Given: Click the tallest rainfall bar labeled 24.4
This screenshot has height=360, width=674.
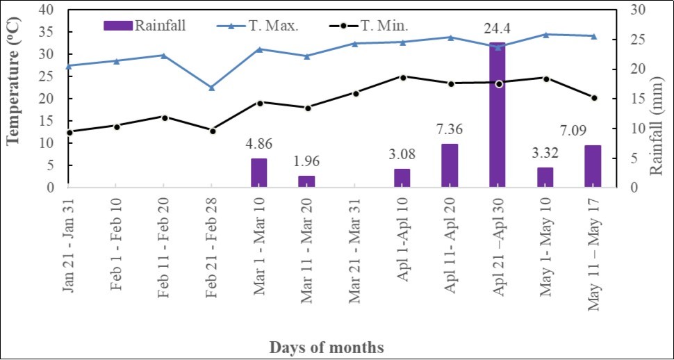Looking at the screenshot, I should pyautogui.click(x=497, y=115).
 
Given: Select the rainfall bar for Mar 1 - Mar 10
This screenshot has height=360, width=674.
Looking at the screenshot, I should pyautogui.click(x=259, y=173).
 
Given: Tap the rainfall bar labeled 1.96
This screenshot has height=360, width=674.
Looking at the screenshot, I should pyautogui.click(x=306, y=181).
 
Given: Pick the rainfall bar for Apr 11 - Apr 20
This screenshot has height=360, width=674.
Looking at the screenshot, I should pyautogui.click(x=450, y=165).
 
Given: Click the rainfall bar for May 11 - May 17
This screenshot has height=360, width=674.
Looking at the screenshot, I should pyautogui.click(x=593, y=166).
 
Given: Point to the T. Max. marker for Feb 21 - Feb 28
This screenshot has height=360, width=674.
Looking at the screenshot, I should pyautogui.click(x=212, y=88).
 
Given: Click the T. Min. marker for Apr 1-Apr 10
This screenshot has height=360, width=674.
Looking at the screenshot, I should pyautogui.click(x=402, y=76).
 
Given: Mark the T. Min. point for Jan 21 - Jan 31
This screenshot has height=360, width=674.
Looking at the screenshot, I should pyautogui.click(x=69, y=132).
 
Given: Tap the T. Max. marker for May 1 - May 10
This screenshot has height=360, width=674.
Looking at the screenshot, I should pyautogui.click(x=545, y=34).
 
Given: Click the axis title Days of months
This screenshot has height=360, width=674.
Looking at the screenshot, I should pyautogui.click(x=327, y=346).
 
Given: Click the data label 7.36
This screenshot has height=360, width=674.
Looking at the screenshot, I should pyautogui.click(x=450, y=129).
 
